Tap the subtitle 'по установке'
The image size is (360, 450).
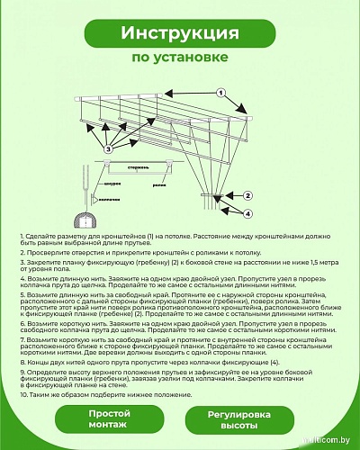pyautogui.click(x=179, y=58)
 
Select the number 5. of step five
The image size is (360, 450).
pyautogui.click(x=22, y=294)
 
